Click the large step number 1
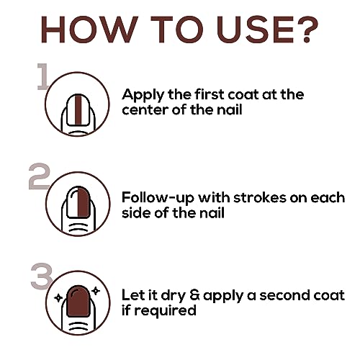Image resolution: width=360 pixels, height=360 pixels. [42, 76]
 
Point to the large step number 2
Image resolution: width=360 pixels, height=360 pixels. [39, 176]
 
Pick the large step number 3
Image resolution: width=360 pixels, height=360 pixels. [41, 276]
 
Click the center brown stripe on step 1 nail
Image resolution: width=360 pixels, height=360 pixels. [78, 109]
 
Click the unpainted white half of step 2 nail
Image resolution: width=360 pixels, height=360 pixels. [73, 202]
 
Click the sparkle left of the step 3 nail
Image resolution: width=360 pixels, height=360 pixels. [58, 298]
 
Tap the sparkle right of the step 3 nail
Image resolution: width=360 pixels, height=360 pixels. [96, 291]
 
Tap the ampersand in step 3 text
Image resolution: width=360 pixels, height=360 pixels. [194, 295]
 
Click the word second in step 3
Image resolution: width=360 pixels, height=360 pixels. [281, 295]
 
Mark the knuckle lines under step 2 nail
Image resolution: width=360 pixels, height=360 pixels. [78, 228]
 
